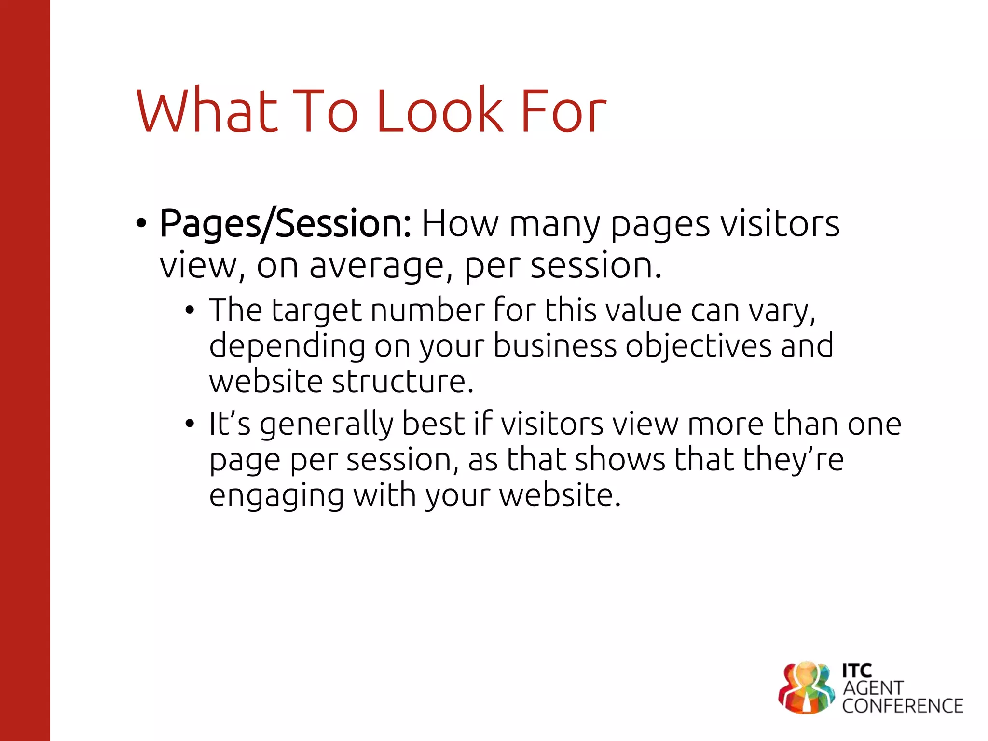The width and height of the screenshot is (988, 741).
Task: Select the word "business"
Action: point(555,346)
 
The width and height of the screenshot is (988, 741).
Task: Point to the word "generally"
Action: point(326,425)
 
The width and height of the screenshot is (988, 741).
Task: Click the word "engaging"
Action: point(276,496)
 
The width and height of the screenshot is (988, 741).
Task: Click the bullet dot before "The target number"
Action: point(190,310)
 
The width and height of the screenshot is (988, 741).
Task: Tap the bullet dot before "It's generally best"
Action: point(190,424)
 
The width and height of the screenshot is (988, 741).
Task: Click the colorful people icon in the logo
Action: point(806,688)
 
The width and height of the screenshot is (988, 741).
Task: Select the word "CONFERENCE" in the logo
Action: point(903,706)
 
